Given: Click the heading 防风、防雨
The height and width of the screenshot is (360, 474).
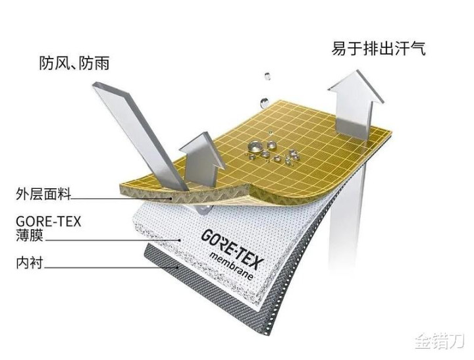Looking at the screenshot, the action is tap(74, 63).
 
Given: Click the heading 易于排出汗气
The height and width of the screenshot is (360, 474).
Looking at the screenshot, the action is tap(379, 48).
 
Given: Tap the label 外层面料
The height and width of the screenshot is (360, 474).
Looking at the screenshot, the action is tap(43, 193).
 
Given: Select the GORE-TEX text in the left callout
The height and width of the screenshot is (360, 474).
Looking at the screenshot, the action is tap(48, 222).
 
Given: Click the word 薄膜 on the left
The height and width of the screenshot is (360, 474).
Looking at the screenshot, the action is tap(30, 236).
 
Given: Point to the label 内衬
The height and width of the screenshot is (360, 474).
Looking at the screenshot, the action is tap(30, 263).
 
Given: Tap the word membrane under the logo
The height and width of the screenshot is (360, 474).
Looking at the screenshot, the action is tap(231, 266).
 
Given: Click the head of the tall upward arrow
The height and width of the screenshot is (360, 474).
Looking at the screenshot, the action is tap(355, 88).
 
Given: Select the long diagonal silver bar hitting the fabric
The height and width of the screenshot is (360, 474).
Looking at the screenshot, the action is tap(140, 136).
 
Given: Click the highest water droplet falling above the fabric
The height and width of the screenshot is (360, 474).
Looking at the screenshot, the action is tap(267, 76).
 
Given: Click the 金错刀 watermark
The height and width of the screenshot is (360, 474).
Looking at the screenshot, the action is tap(439, 341).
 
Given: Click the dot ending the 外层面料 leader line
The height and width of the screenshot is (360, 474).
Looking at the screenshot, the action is tap(172, 199).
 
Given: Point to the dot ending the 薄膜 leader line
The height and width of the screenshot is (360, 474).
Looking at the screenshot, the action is tap(180, 240).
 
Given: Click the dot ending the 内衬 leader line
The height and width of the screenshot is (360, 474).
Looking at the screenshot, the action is tap(177, 267).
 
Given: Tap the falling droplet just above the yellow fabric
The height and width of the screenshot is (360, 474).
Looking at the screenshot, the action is tap(263, 103).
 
